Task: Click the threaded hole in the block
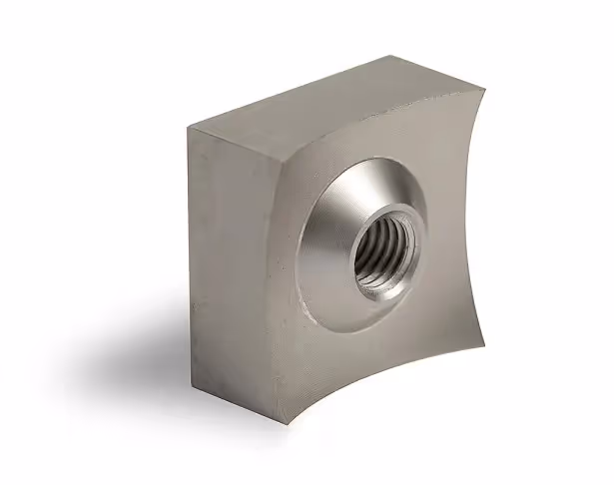click(383, 258)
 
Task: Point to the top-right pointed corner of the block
click(483, 85)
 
